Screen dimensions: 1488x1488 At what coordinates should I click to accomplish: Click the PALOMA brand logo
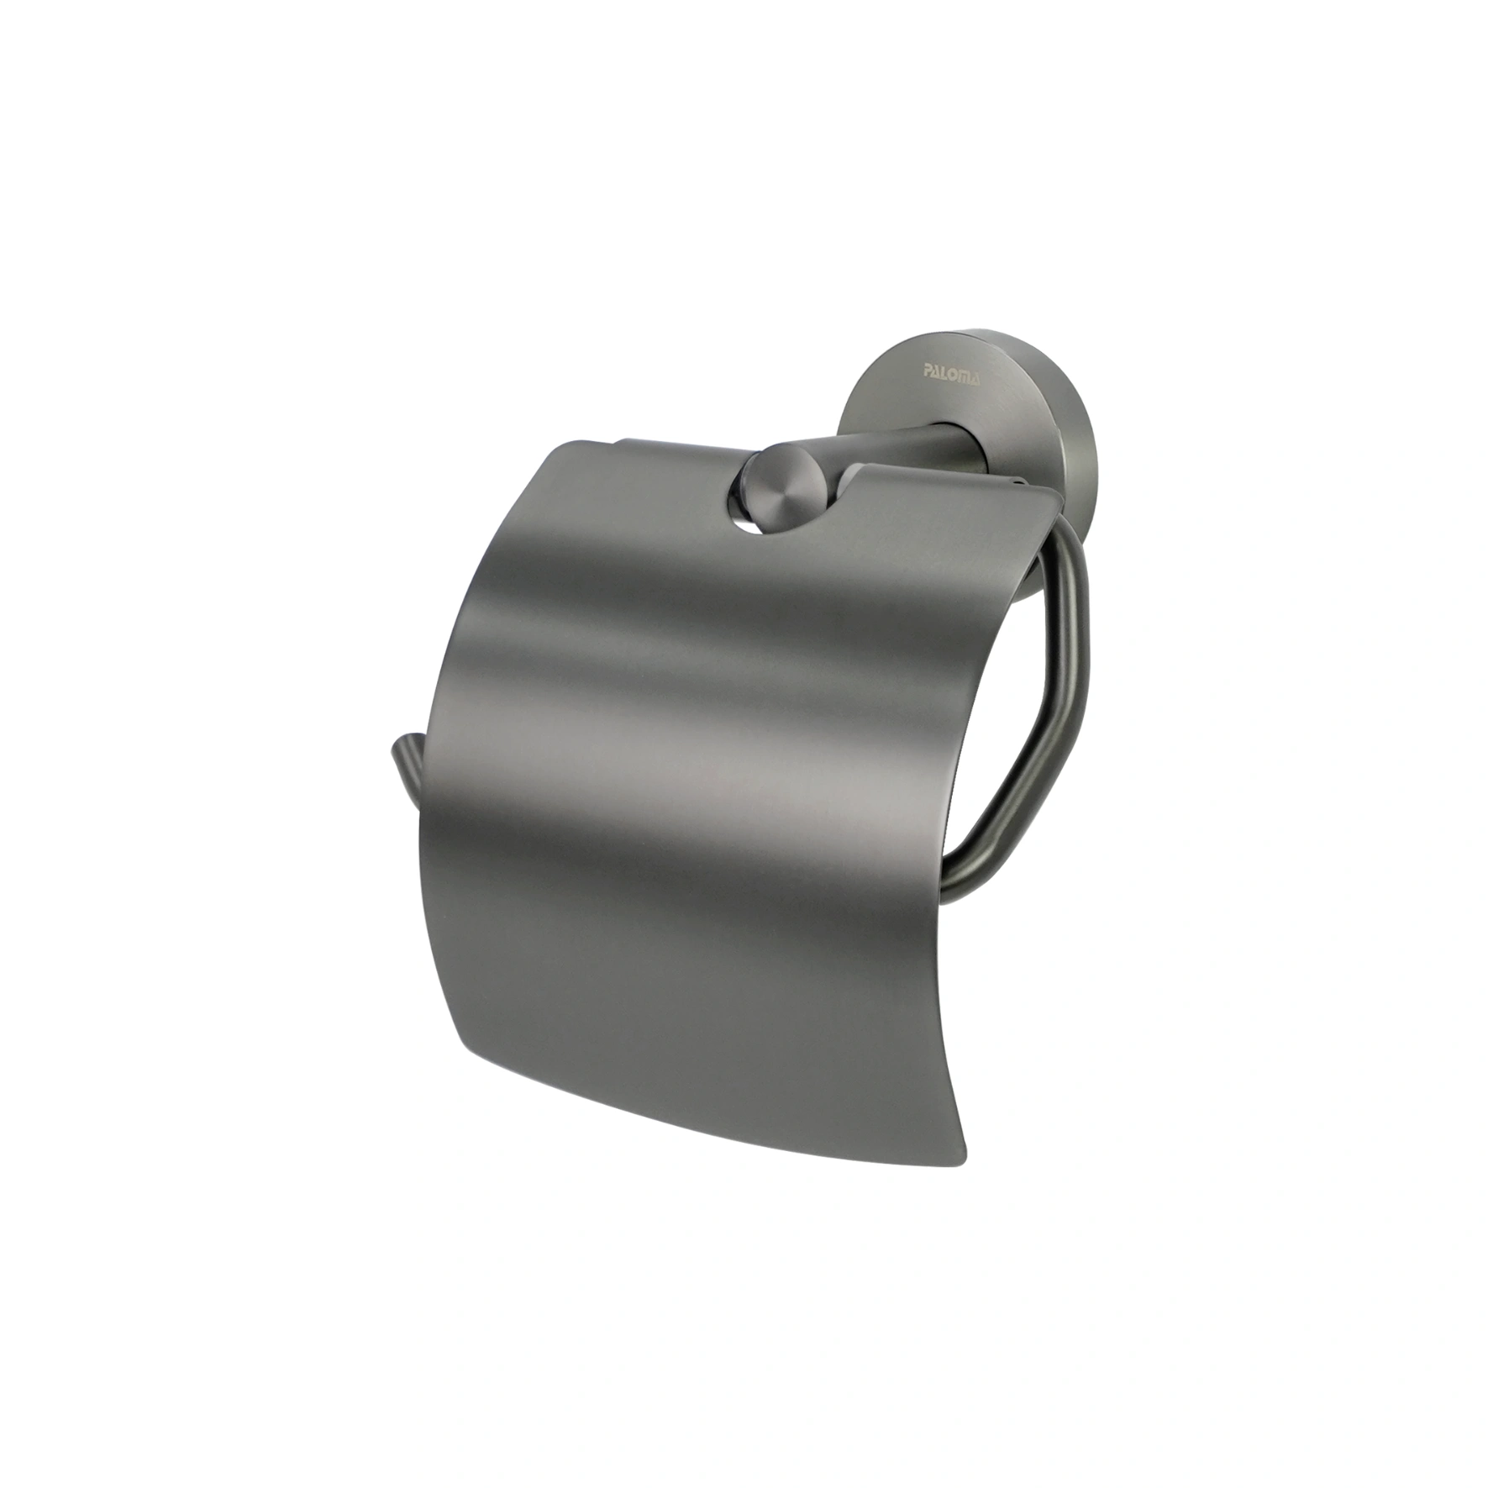[x=952, y=373]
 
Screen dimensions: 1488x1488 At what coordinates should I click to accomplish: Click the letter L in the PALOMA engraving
[x=945, y=372]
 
